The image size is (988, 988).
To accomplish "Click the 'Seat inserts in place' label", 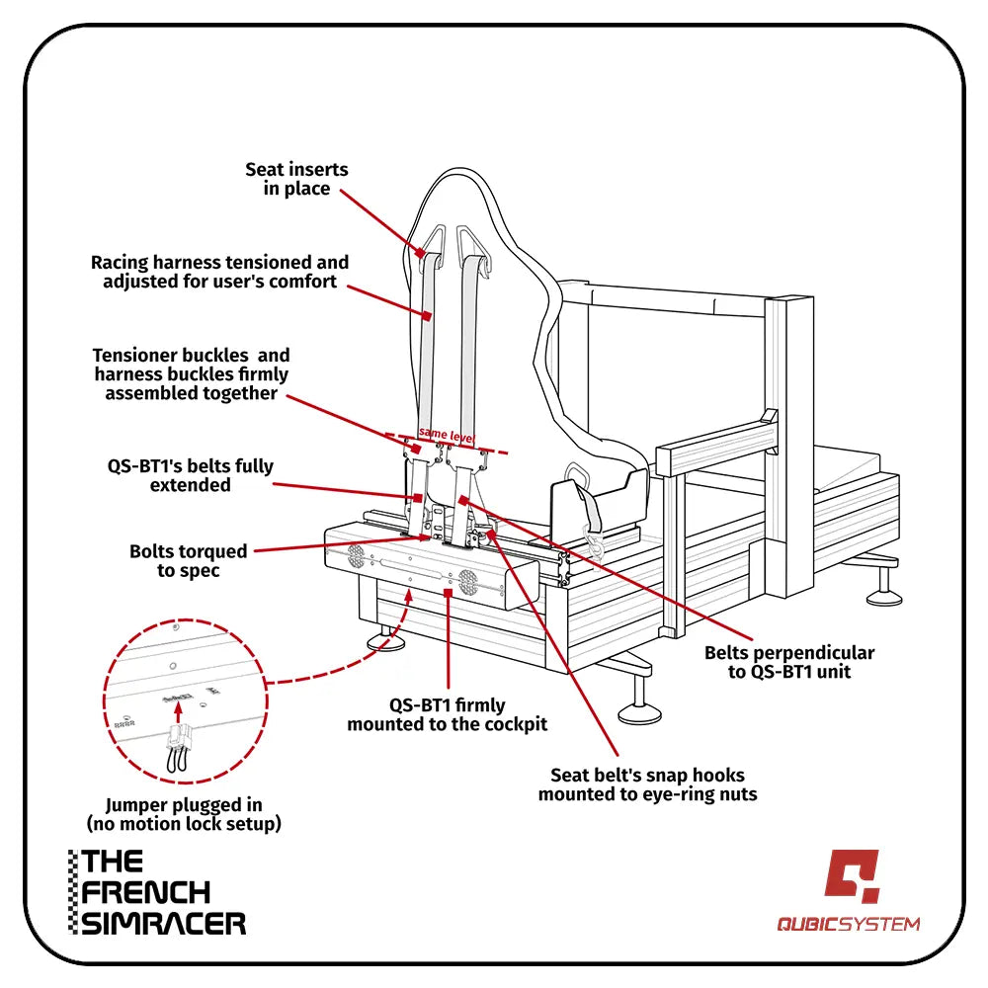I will pos(296,179).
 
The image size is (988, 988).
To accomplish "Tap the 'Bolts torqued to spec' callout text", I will pos(188,560).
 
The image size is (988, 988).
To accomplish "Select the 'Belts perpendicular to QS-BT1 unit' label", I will pos(788,662).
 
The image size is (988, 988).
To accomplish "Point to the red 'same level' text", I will pos(447,434).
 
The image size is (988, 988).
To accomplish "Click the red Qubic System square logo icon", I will pos(852,875).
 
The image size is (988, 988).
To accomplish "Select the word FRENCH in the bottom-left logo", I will pos(146,892).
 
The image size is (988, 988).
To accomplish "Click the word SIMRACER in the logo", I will pos(163,923).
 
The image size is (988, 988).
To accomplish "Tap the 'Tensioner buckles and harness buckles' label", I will pos(192,373).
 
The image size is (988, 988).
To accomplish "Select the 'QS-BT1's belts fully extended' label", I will pos(191,475).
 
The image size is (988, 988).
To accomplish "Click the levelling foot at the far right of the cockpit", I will pos(883,594).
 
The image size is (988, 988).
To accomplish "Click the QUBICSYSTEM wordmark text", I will pos(848,925).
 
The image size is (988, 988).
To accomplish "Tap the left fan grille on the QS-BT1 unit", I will pos(355,557).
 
